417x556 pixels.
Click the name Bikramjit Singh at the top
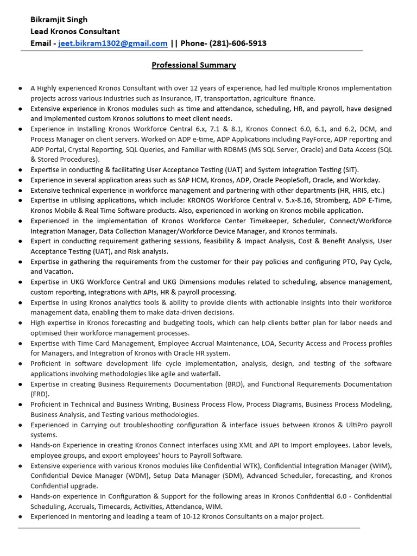pos(59,20)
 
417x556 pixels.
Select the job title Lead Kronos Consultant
pos(75,31)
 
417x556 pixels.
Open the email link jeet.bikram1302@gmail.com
pos(113,43)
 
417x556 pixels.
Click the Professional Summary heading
pos(193,65)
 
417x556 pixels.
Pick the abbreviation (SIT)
pos(348,170)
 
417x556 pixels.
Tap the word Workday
pos(365,180)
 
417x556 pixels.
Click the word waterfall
pos(205,374)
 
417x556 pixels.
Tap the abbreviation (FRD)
pos(40,394)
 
